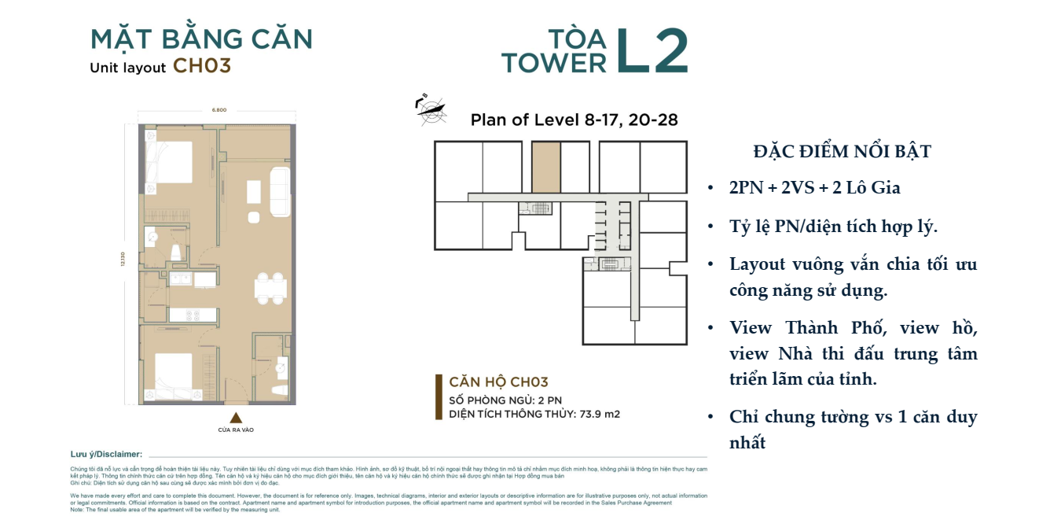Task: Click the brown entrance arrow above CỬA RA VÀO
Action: click(235, 418)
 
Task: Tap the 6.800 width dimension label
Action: click(218, 110)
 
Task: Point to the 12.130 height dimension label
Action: click(123, 264)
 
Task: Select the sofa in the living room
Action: click(278, 190)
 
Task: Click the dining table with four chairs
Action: click(270, 289)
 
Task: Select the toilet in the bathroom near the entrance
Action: click(276, 391)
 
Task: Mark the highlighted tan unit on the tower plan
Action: click(546, 167)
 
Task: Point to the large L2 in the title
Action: click(652, 51)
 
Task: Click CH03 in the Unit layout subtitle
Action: click(202, 66)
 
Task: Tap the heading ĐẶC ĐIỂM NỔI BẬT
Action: click(842, 152)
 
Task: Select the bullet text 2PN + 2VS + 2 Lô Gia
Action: click(814, 188)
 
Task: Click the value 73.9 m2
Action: click(600, 414)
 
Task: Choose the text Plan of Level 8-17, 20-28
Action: click(574, 120)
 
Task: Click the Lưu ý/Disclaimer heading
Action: click(106, 455)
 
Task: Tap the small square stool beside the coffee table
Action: click(254, 216)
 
